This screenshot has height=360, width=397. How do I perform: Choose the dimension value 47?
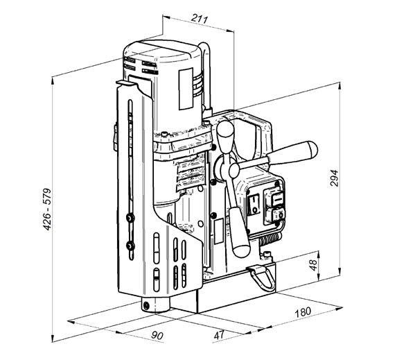click(220, 335)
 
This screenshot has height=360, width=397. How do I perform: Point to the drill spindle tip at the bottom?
click(145, 305)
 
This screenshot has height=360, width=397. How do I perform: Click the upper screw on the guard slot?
click(130, 218)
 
